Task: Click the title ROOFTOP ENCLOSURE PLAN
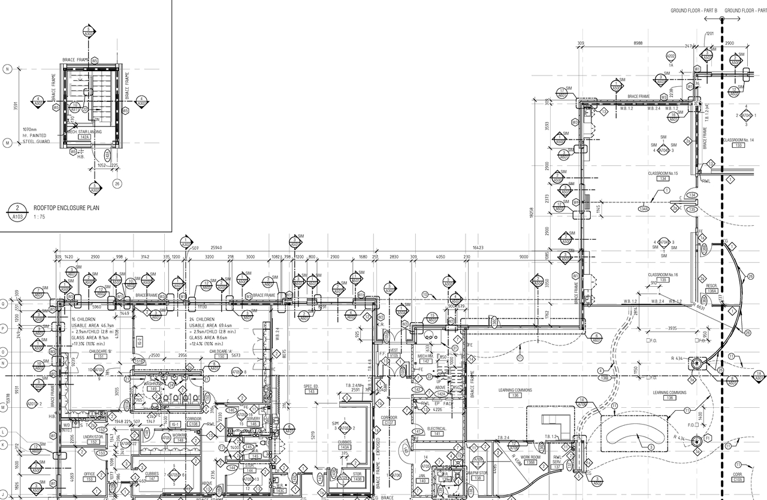(66, 208)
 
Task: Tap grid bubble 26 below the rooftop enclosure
(117, 184)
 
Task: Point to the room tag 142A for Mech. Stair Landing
(84, 137)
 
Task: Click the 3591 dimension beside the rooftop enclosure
(16, 106)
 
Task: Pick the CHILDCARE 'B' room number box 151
(101, 356)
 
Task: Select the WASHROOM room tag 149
(153, 389)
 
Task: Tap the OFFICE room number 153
(89, 479)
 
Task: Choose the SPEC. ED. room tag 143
(310, 392)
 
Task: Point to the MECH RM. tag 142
(426, 361)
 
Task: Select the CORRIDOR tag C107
(389, 423)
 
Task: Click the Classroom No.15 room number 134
(663, 178)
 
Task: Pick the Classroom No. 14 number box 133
(738, 145)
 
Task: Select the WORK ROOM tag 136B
(530, 462)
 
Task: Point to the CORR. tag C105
(738, 480)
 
